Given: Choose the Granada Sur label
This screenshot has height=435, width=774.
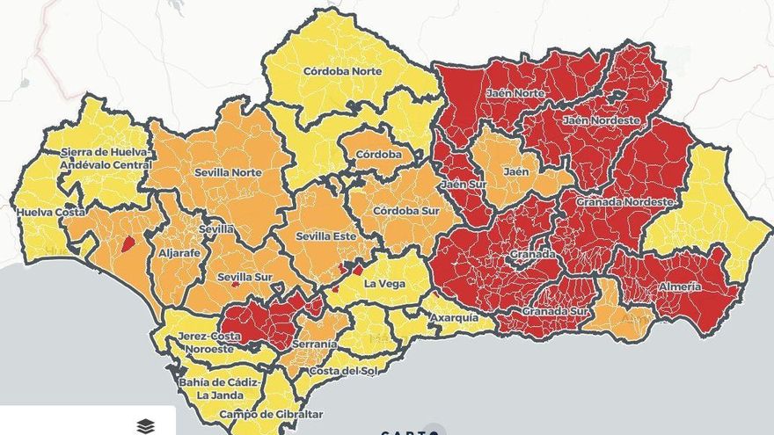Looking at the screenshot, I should (557, 311).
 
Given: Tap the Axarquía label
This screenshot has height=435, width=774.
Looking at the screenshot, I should (455, 316).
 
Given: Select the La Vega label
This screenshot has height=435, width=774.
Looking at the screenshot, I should (383, 283).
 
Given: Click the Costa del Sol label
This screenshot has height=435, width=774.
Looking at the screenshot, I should (345, 370).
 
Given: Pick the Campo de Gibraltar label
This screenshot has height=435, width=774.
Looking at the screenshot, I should (259, 414).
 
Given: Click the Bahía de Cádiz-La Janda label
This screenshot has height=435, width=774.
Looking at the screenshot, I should (214, 388).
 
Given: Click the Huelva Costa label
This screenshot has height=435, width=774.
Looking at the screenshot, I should (50, 213).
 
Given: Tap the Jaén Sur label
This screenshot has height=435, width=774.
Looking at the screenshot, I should (464, 184).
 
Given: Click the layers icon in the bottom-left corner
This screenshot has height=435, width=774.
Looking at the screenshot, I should (146, 425).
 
